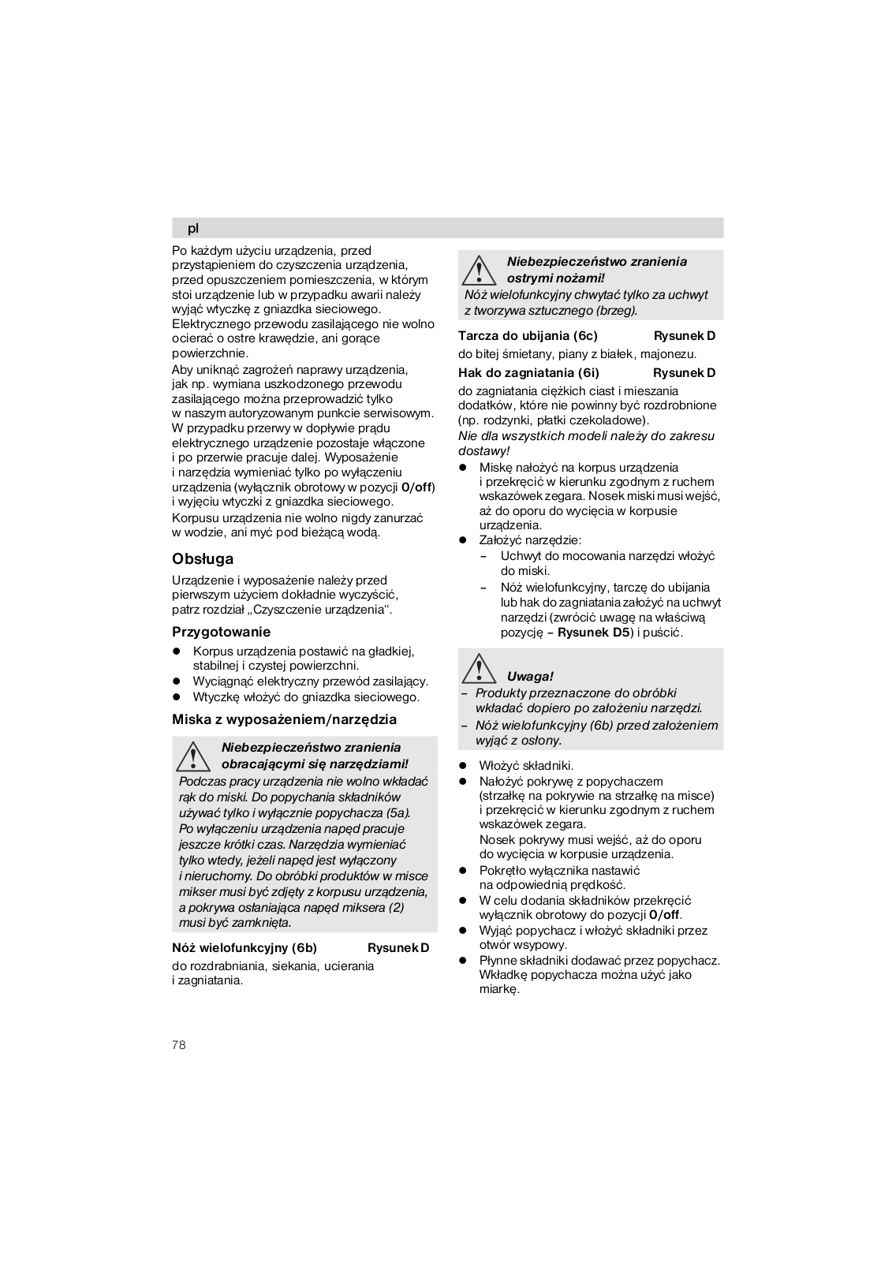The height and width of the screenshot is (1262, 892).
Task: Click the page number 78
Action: (x=179, y=1045)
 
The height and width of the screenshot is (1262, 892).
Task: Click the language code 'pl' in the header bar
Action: (x=193, y=229)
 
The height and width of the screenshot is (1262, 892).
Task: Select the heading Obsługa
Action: (x=203, y=559)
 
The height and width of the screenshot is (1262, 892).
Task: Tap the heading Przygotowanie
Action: (x=221, y=632)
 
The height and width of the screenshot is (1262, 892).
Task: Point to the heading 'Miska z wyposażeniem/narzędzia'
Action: (x=284, y=719)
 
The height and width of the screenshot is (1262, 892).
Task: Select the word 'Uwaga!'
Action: (x=530, y=676)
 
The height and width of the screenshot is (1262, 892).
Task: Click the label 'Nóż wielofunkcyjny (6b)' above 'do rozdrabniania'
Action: (x=244, y=947)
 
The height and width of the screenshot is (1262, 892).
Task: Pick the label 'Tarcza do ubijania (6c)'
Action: (x=528, y=335)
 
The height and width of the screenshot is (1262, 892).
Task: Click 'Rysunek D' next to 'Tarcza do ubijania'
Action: (x=684, y=335)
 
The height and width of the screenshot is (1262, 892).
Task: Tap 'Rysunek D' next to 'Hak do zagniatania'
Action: (x=684, y=372)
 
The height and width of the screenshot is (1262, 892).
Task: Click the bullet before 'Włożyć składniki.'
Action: (x=464, y=766)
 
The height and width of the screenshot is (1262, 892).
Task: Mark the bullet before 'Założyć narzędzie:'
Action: (x=464, y=541)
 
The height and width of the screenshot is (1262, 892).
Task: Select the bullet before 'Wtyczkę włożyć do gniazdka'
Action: (x=177, y=697)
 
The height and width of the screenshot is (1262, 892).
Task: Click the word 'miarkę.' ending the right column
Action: (x=499, y=989)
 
